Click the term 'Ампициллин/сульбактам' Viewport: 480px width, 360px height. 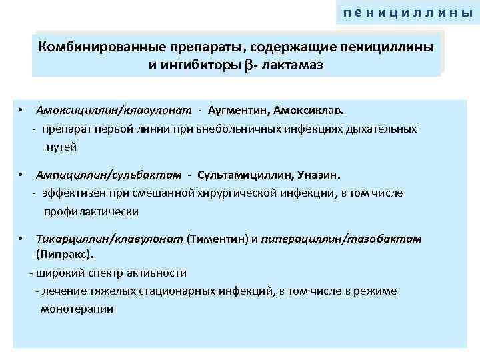109,175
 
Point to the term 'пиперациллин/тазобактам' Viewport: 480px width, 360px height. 341,239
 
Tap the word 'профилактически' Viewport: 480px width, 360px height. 91,211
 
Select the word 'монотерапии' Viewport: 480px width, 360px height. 77,309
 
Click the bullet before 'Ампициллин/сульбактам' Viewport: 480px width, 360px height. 22,175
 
